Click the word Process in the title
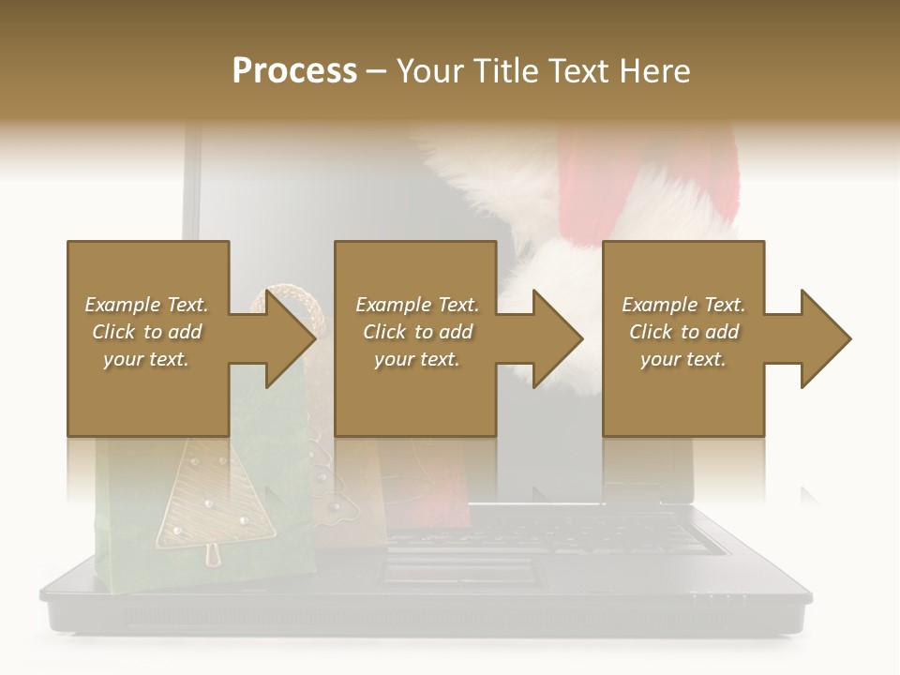[294, 71]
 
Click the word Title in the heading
[505, 71]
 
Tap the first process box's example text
[147, 332]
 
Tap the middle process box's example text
[416, 332]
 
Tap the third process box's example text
[683, 332]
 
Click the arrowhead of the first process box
[287, 338]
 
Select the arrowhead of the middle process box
[555, 338]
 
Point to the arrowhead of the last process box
[823, 338]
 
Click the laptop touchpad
[459, 568]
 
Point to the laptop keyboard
[562, 534]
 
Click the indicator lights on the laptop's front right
[718, 594]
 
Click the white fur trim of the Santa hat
[487, 187]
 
